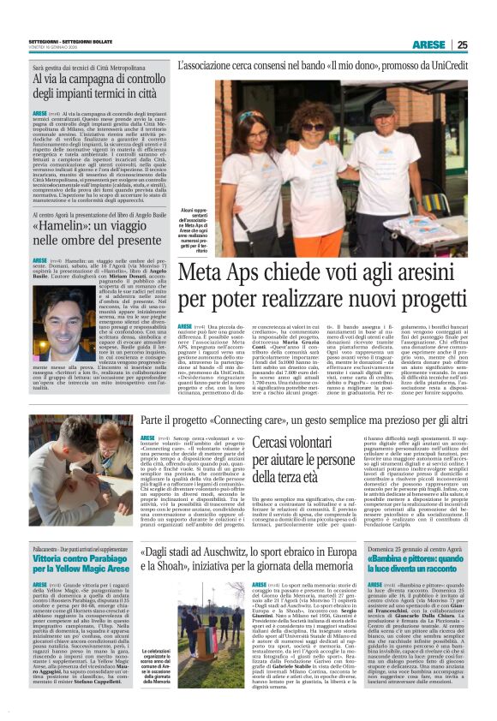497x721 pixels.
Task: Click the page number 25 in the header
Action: (x=486, y=45)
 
